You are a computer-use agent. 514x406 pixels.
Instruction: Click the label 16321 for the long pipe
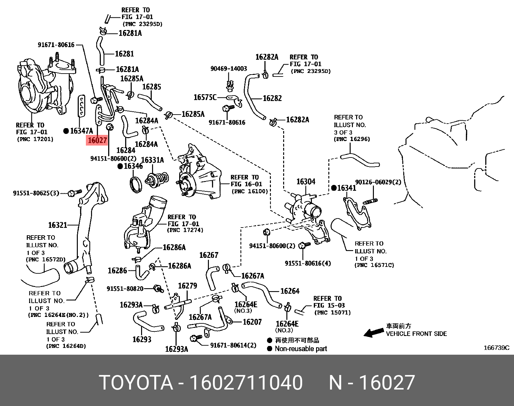(57, 225)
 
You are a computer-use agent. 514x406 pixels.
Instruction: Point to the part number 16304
(306, 182)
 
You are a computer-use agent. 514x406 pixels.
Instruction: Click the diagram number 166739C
(496, 348)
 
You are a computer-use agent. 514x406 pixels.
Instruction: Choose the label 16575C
(205, 97)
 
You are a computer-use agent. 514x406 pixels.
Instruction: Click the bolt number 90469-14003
(229, 68)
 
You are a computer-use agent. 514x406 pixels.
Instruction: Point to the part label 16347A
(81, 131)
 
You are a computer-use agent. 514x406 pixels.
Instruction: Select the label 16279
(187, 286)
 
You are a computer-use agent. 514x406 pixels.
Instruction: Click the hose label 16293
(142, 339)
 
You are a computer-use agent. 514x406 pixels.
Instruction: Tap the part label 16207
(252, 322)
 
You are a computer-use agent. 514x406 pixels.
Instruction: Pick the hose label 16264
(290, 291)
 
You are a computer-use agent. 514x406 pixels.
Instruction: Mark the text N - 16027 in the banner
(372, 383)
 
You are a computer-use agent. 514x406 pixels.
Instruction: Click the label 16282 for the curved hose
(272, 98)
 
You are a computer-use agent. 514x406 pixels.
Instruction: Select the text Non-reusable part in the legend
(301, 349)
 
